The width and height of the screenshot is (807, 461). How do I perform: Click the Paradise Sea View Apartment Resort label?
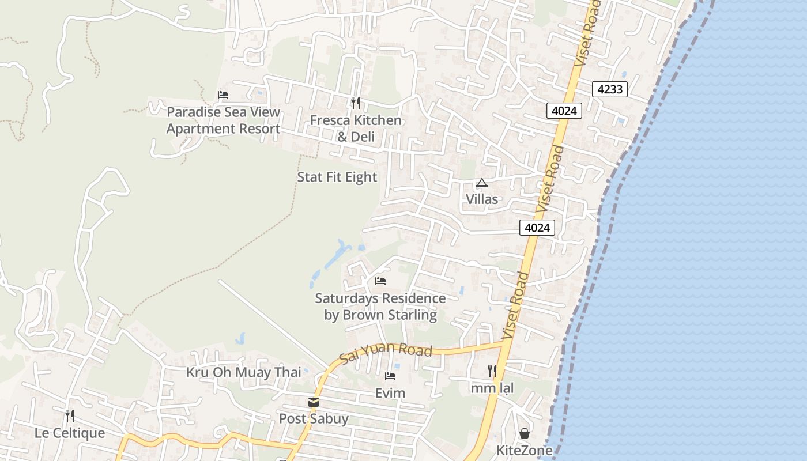click(x=223, y=120)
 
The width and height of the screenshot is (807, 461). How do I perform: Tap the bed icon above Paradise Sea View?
click(x=223, y=95)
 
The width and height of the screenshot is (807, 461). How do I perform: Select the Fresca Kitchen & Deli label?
click(x=356, y=129)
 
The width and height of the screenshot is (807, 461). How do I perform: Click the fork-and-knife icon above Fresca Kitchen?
click(x=356, y=103)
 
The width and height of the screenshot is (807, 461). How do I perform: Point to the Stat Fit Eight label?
click(x=337, y=177)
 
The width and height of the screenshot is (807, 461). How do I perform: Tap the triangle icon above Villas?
click(x=482, y=183)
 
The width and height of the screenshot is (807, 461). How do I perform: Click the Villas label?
click(x=482, y=199)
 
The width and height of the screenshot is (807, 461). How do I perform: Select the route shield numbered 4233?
click(x=609, y=89)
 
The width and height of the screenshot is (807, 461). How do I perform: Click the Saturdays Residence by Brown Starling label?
click(x=380, y=307)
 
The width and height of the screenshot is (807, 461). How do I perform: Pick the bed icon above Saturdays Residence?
click(x=380, y=281)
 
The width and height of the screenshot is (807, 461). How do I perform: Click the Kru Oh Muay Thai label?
click(x=243, y=372)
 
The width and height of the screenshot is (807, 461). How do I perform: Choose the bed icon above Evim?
click(x=390, y=376)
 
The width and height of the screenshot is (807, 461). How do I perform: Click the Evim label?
click(x=390, y=394)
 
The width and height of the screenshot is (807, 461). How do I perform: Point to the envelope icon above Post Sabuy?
click(x=314, y=402)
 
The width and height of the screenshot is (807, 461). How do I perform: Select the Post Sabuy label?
click(x=314, y=418)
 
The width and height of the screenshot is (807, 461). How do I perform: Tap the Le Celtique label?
click(x=70, y=433)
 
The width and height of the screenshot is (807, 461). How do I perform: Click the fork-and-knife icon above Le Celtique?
click(x=70, y=416)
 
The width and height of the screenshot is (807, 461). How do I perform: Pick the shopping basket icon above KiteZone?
click(x=525, y=433)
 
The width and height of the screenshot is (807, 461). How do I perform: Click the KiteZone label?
click(x=525, y=450)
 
